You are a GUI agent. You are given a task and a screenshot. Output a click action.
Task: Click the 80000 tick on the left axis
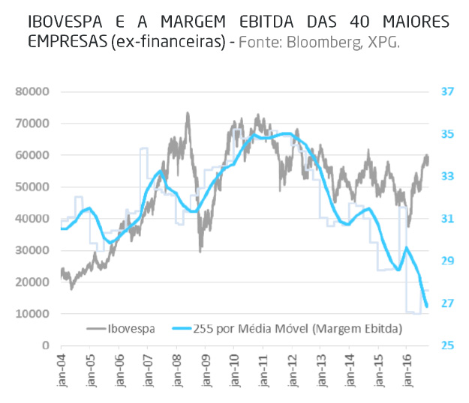(x=32, y=91)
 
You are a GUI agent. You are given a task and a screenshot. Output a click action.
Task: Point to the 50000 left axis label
(x=32, y=187)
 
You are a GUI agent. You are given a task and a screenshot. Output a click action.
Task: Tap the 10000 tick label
(x=32, y=314)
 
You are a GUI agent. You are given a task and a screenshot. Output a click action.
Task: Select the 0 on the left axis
(x=44, y=345)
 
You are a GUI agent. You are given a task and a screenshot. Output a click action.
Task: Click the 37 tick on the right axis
(x=447, y=91)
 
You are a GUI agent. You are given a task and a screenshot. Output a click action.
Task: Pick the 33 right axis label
(x=447, y=176)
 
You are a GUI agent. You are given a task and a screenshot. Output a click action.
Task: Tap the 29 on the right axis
(x=447, y=261)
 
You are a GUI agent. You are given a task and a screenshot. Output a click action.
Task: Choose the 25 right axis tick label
(x=447, y=345)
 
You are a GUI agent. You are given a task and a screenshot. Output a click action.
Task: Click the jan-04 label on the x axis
(x=61, y=371)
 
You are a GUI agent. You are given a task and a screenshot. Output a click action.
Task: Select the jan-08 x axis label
(x=176, y=371)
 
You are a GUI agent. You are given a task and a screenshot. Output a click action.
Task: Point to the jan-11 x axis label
(x=262, y=371)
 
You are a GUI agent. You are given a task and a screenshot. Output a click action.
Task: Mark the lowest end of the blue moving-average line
(x=427, y=306)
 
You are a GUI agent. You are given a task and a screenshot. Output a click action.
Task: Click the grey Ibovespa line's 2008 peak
(x=188, y=114)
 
